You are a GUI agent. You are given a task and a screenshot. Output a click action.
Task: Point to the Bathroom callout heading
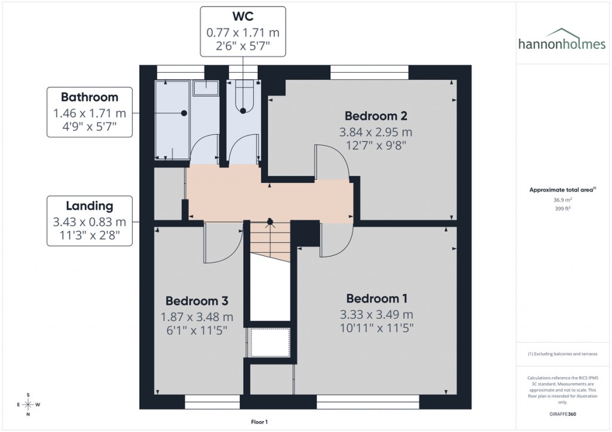point(90,97)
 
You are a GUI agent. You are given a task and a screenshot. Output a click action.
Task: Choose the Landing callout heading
point(90,206)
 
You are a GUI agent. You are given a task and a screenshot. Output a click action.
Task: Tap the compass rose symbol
point(28,405)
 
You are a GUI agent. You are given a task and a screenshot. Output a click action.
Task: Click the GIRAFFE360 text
point(562,414)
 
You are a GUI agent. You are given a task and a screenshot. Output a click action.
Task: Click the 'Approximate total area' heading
point(561,190)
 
